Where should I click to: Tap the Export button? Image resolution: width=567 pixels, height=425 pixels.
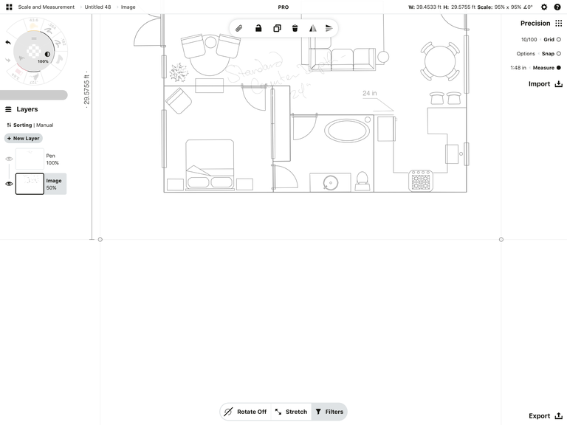coord(545,416)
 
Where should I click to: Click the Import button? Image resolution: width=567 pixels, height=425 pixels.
coord(545,84)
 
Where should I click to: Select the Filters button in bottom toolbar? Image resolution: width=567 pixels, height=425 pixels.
coord(329,412)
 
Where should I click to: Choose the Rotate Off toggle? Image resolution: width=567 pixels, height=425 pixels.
coord(245,412)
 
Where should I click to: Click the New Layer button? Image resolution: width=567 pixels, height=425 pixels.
coord(24,138)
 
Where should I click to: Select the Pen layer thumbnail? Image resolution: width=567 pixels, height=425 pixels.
coord(30,159)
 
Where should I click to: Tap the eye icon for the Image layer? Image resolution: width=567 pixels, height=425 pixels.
coord(9,184)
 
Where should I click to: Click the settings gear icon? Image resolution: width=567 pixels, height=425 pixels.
coord(544,7)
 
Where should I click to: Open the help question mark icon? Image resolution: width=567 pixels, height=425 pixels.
coord(559,7)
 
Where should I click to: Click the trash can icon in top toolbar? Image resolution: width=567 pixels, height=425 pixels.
coord(295,29)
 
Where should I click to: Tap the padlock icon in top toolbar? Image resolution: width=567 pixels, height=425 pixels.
coord(258,29)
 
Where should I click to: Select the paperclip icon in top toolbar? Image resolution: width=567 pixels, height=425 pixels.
coord(239,29)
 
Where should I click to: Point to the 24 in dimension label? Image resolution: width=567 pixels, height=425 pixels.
coord(369,94)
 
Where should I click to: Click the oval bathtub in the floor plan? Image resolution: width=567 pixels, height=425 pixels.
coord(348,131)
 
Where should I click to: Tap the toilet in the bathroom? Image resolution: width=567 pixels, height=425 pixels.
coord(362,180)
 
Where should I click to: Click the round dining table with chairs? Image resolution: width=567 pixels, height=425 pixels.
coord(440,61)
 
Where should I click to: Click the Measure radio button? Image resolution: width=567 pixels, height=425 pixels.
coord(558,68)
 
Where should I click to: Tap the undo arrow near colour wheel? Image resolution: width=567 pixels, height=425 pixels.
coord(8,43)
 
